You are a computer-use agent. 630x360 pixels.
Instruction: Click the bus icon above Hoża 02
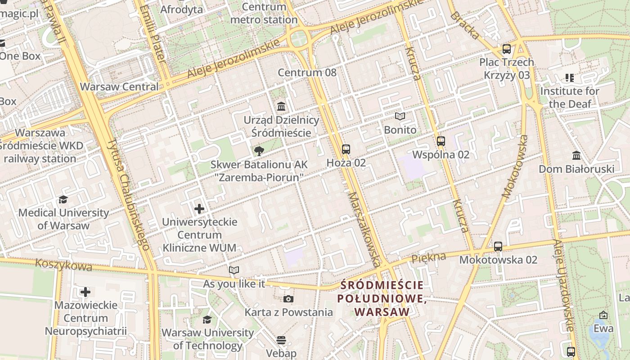[x=346, y=149]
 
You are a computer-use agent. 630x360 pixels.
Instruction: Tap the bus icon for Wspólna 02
[x=441, y=141]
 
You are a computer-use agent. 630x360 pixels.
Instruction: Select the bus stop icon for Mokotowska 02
[x=498, y=247]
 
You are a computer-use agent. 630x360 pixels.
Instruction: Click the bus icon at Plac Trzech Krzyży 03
[x=506, y=49]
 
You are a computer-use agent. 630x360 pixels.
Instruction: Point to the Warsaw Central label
[x=119, y=87]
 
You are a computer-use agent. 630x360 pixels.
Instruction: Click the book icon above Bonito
[x=400, y=117]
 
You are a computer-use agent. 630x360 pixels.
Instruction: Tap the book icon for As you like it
[x=234, y=270]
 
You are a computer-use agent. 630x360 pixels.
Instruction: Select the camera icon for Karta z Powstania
[x=288, y=299]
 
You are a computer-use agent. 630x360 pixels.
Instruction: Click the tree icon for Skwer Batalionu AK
[x=259, y=151]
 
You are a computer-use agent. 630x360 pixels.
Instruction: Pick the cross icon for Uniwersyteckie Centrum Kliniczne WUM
[x=199, y=209]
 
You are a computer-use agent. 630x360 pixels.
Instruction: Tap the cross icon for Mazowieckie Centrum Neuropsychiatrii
[x=85, y=292]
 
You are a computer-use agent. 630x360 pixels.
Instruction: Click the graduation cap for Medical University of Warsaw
[x=63, y=199]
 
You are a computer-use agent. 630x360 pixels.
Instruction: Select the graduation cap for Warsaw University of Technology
[x=207, y=319]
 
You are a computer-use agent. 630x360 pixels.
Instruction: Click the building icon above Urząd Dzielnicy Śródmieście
[x=281, y=107]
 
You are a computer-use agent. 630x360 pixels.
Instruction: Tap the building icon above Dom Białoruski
[x=576, y=156]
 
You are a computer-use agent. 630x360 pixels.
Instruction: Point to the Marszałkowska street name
[x=364, y=229]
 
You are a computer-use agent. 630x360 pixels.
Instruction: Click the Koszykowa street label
[x=63, y=265]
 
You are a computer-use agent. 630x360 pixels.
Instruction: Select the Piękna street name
[x=429, y=257]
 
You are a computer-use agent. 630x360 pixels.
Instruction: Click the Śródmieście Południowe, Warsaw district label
[x=382, y=298]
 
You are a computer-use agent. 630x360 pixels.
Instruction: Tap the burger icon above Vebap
[x=281, y=340]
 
